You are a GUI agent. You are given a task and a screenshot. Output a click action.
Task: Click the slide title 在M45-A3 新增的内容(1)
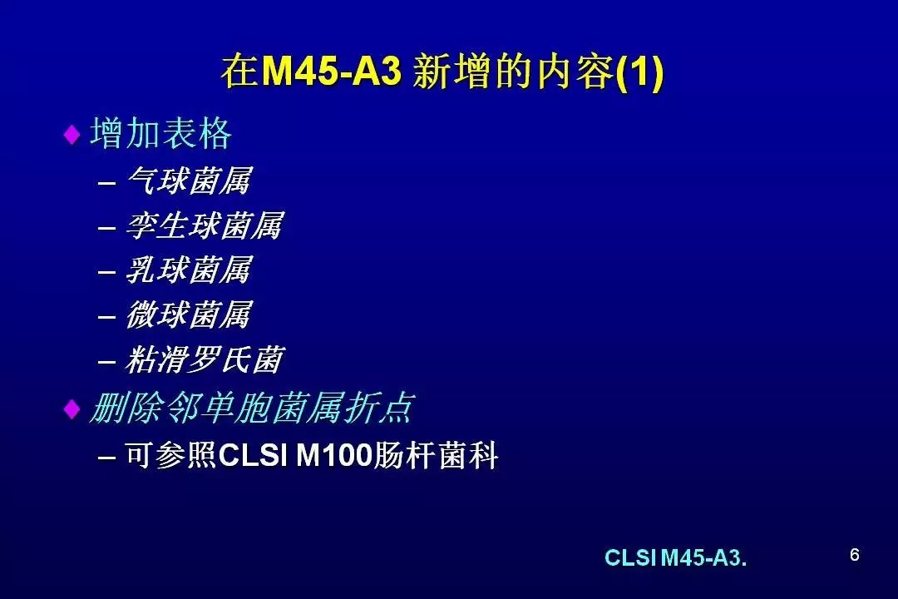click(442, 72)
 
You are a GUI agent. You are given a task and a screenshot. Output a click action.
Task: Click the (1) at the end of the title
click(640, 72)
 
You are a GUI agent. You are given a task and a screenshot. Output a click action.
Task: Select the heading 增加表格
click(161, 134)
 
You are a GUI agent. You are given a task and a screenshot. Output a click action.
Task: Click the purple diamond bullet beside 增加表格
click(72, 135)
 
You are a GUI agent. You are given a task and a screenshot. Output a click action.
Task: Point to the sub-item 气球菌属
click(189, 181)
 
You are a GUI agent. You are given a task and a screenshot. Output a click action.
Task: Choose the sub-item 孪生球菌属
click(205, 225)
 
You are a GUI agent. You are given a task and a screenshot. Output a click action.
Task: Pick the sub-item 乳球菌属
click(189, 270)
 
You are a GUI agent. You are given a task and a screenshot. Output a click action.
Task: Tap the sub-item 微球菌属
click(189, 314)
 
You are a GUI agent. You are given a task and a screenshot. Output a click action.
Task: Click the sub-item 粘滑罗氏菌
click(205, 359)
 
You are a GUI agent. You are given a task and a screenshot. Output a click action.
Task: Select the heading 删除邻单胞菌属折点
click(252, 408)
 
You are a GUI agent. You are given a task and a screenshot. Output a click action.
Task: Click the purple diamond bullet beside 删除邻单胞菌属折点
click(72, 408)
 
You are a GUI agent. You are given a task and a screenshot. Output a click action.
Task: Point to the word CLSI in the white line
click(253, 456)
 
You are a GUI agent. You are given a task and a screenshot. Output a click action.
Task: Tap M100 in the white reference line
click(334, 456)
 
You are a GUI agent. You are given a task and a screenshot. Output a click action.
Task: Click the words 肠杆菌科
click(436, 456)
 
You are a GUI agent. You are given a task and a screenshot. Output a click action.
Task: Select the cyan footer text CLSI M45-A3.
click(676, 557)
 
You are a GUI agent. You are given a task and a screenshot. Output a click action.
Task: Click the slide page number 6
click(855, 555)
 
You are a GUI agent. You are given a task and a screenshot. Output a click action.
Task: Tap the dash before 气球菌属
click(107, 183)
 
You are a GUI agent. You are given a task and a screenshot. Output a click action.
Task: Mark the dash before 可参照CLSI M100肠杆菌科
click(107, 458)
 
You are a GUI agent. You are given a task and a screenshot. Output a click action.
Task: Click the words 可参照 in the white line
click(171, 456)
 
